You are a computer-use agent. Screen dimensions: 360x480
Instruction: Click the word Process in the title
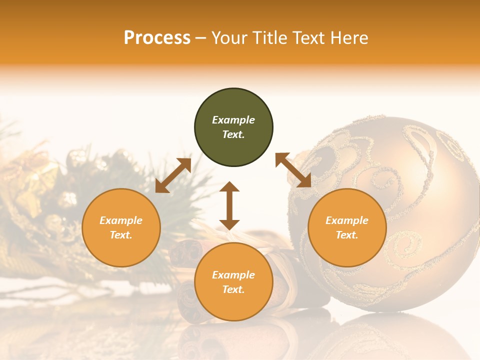(x=157, y=38)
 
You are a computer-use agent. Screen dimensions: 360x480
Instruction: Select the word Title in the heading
(x=273, y=38)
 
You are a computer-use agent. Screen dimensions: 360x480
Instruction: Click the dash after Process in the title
(x=201, y=38)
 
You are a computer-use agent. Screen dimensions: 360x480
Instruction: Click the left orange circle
(x=121, y=227)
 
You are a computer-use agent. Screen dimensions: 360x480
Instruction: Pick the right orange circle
(x=347, y=227)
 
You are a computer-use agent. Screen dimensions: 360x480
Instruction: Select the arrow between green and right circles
(x=293, y=170)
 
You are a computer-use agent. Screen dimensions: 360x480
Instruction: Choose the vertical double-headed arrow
(x=229, y=205)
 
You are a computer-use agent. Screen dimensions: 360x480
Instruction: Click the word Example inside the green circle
(x=233, y=120)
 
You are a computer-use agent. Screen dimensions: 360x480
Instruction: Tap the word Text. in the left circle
(x=121, y=235)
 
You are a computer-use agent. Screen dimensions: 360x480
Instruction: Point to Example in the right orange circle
(x=347, y=220)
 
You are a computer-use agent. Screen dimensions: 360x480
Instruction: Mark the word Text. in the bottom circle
(x=233, y=289)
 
